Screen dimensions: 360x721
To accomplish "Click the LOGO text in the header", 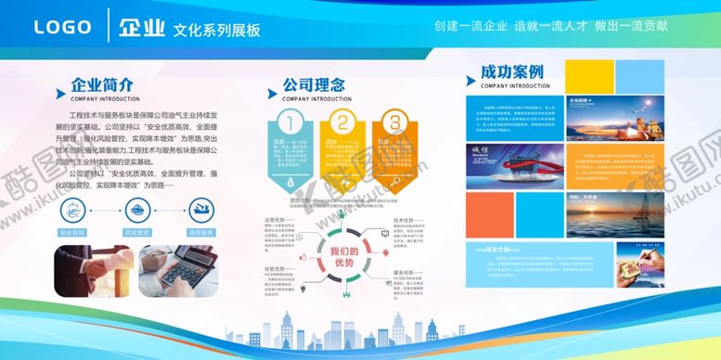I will pyautogui.click(x=63, y=28).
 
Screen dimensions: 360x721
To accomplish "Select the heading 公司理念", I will pyautogui.click(x=313, y=85).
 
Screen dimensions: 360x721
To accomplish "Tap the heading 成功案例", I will pyautogui.click(x=511, y=72).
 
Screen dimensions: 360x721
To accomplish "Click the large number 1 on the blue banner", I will pyautogui.click(x=289, y=122).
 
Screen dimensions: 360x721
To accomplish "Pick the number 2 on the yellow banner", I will pyautogui.click(x=341, y=122).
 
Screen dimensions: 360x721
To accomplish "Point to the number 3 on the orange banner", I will pyautogui.click(x=394, y=122).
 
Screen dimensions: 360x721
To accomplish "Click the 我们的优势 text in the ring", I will pyautogui.click(x=341, y=256).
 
